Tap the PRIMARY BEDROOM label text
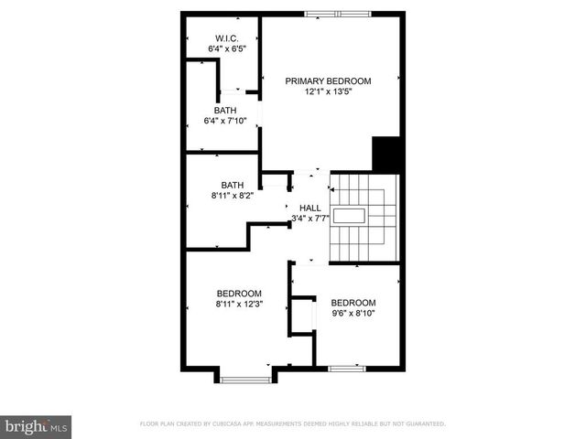point(329,81)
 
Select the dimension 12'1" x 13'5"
point(329,91)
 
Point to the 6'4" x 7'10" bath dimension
point(224,120)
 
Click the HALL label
point(310,208)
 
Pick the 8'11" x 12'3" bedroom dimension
point(240,304)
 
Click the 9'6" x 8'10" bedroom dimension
point(353,313)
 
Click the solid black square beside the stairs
point(387,154)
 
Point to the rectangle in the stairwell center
point(349,216)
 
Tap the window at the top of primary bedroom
point(339,14)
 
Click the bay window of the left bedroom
point(245,377)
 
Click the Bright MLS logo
point(37,426)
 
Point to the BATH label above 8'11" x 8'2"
point(233,185)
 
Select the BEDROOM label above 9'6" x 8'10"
point(353,303)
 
